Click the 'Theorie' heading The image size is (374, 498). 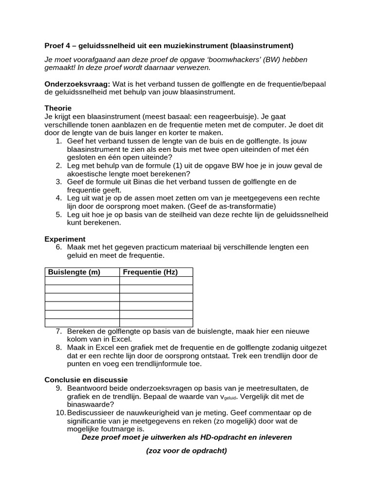tap(58, 108)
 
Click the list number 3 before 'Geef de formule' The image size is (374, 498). tap(58, 182)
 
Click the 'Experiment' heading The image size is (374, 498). tap(65, 239)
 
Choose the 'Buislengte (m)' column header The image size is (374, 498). tap(74, 272)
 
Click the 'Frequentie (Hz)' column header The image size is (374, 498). tap(150, 272)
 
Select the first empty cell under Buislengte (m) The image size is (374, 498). tap(82, 281)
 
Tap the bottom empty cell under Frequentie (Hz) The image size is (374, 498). tap(156, 322)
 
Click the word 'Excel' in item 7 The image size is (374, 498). tap(122, 339)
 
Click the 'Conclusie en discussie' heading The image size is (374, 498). tap(86, 379)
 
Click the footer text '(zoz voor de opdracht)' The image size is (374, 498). tap(187, 450)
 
